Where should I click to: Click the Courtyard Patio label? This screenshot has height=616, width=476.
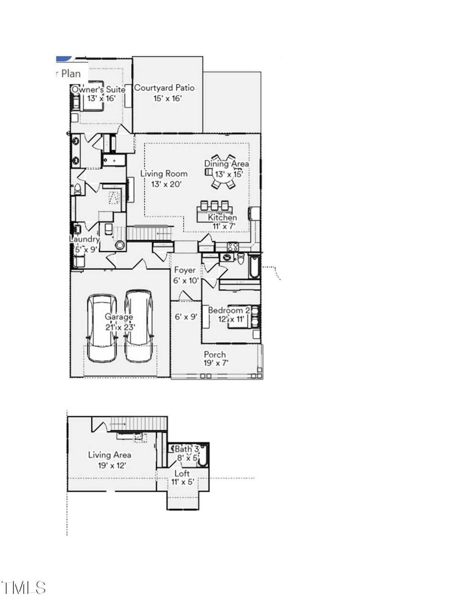pos(164,88)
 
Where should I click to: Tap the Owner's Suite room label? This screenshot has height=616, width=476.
pos(98,90)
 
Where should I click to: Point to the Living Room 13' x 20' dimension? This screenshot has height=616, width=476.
pos(166,184)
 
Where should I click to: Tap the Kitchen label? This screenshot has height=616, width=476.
pos(222,217)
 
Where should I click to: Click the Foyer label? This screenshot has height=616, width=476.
pos(185,270)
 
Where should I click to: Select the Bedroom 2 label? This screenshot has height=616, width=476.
pos(229,310)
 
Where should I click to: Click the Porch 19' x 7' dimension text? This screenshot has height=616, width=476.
pos(216,363)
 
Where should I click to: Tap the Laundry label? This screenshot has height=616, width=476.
pos(84,240)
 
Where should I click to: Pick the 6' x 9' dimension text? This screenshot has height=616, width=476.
pos(186,317)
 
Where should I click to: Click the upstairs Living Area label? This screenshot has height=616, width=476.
pos(109,455)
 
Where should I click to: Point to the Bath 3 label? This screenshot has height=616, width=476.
pos(187,449)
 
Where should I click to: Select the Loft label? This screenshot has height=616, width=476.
pos(182,473)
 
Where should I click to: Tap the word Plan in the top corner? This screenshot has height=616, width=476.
pos(71,74)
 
